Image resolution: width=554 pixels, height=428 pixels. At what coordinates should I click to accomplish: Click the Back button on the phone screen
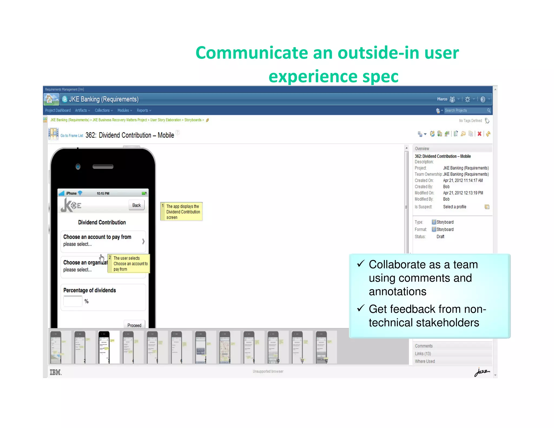(136, 205)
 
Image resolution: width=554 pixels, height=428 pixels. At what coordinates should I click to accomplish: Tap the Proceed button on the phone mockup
(134, 325)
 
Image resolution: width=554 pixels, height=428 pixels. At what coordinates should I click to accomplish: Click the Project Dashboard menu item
(58, 110)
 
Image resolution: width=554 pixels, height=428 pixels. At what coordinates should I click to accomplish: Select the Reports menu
(144, 110)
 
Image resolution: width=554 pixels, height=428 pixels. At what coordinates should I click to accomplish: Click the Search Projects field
(465, 110)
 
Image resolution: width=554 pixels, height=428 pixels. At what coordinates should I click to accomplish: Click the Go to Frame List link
(72, 136)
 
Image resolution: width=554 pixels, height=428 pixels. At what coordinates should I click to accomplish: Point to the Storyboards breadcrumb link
(193, 120)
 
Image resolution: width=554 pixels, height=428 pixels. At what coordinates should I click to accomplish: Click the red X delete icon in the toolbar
(479, 134)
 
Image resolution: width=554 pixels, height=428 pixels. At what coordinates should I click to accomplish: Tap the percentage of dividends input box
(73, 301)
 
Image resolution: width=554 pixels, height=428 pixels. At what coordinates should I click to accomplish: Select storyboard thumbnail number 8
(225, 347)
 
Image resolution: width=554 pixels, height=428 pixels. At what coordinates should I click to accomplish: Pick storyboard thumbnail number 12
(322, 347)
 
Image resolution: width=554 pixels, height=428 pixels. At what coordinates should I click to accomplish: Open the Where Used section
(425, 361)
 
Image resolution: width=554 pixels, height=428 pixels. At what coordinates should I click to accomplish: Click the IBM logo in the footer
(55, 372)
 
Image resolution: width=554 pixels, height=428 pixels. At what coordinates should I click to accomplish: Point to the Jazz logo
(482, 372)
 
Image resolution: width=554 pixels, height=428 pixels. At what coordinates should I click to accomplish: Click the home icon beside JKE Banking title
(49, 99)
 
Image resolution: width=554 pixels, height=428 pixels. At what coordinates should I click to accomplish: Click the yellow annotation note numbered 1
(182, 212)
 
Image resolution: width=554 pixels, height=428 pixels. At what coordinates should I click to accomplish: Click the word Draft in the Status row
(440, 237)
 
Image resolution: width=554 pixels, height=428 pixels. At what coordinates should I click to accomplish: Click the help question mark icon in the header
(483, 99)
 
